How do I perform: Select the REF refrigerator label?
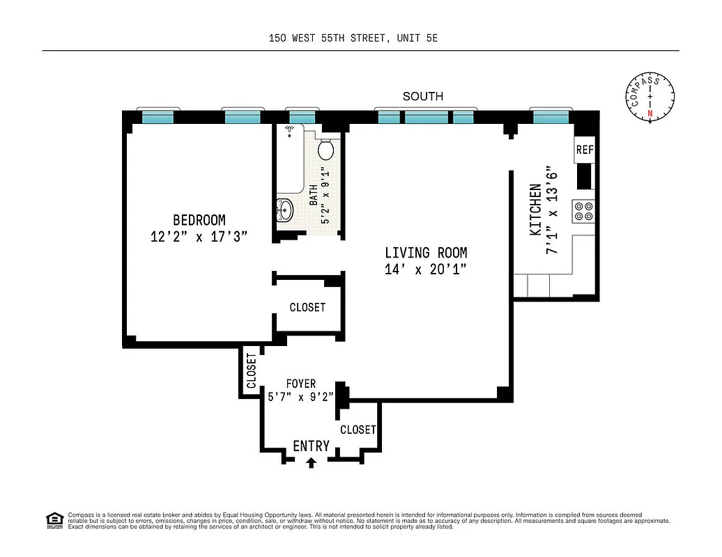click(x=584, y=150)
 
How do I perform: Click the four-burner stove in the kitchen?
click(x=583, y=211)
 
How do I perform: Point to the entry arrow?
click(x=311, y=461)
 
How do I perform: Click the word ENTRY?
click(x=311, y=446)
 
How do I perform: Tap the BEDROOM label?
click(x=199, y=220)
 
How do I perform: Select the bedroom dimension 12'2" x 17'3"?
click(x=199, y=237)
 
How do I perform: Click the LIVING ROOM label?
click(x=426, y=253)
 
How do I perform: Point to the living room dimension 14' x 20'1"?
click(x=426, y=269)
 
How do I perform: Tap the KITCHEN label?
click(x=535, y=209)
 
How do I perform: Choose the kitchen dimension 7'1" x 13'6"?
click(x=552, y=209)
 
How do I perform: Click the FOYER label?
click(x=301, y=384)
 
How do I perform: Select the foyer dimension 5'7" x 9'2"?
click(x=301, y=398)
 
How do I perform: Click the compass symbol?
click(x=650, y=97)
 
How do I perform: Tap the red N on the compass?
click(x=650, y=113)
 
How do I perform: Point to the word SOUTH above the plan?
click(x=422, y=97)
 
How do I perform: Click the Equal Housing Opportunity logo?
click(x=53, y=519)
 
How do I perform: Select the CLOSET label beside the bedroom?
click(x=307, y=307)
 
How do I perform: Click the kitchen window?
click(x=551, y=117)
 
